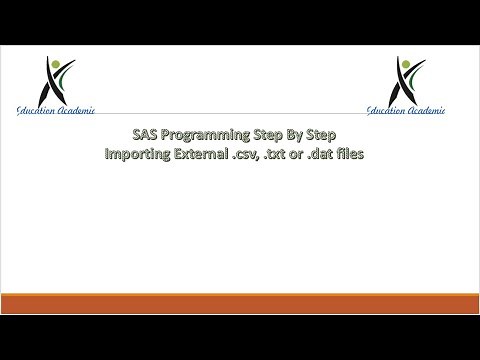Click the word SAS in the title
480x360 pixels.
click(145, 138)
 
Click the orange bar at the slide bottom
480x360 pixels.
click(240, 304)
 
